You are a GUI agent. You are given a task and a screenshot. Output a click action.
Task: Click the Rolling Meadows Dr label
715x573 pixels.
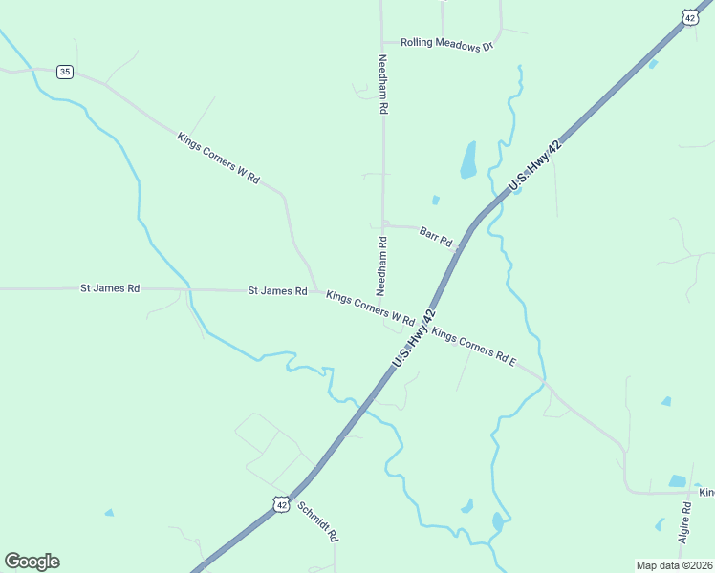(x=446, y=44)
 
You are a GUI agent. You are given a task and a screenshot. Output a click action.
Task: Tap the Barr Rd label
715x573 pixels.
(x=435, y=236)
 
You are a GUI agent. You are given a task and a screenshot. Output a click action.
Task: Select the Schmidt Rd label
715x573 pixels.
(x=317, y=521)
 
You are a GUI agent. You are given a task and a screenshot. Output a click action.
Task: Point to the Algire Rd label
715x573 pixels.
(x=684, y=522)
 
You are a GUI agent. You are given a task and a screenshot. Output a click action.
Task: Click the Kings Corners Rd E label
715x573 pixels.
(x=473, y=348)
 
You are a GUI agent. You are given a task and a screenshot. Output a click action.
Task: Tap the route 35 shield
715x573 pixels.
(x=64, y=72)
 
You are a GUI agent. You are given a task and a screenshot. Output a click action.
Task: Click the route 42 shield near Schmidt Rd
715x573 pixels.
(x=279, y=503)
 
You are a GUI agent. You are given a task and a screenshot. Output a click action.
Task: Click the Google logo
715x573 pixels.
(x=32, y=562)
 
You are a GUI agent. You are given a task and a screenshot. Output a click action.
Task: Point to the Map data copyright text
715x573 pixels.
(x=674, y=565)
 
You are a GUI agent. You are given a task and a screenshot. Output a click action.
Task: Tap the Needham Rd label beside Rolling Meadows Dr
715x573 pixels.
(x=382, y=85)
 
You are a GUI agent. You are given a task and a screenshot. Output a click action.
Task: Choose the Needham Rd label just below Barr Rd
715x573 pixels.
(x=381, y=265)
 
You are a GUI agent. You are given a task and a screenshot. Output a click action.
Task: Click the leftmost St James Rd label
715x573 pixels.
(x=110, y=287)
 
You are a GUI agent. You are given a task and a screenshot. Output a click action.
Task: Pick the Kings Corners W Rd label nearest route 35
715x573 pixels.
(x=218, y=158)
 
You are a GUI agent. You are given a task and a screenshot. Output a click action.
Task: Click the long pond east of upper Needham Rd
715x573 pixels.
(x=468, y=159)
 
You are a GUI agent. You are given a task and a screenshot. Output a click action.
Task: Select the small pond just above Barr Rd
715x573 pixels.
(x=435, y=201)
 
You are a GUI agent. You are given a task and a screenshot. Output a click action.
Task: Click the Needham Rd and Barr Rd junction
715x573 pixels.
(x=383, y=225)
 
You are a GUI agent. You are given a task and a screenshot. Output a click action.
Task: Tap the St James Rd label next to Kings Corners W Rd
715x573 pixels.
(x=277, y=290)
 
